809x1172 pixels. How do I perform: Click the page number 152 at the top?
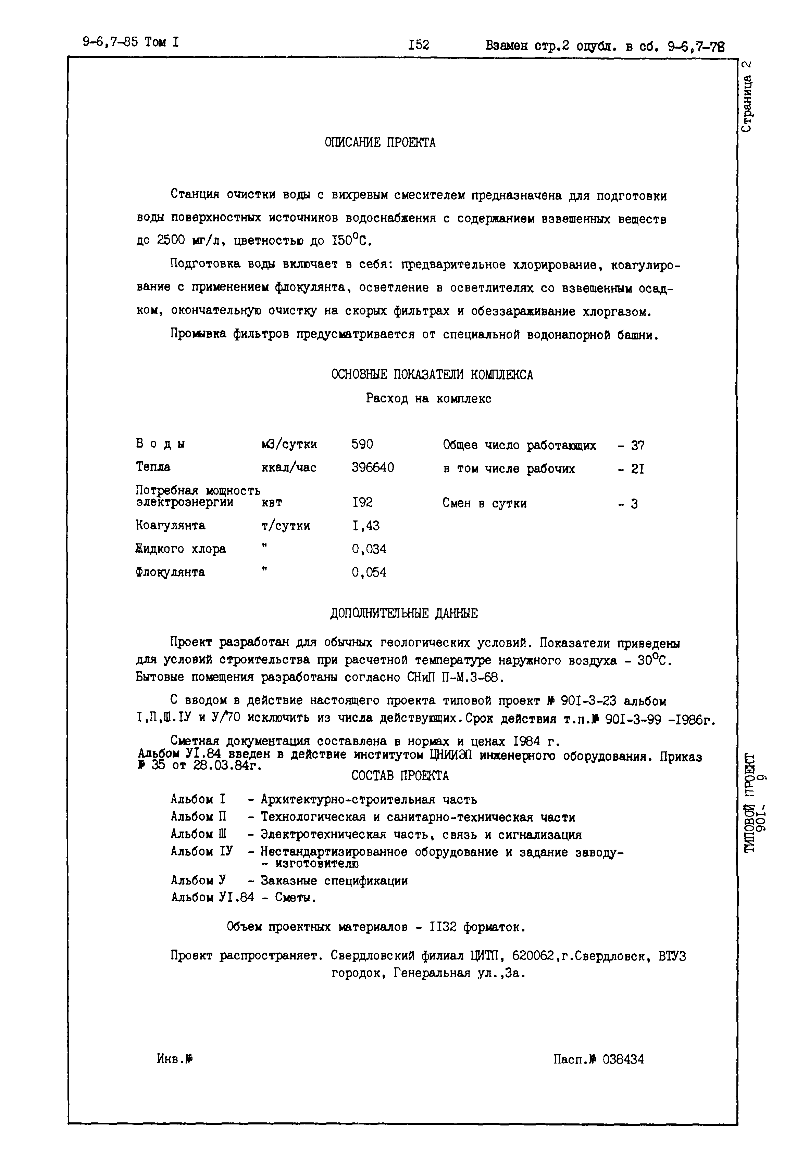[419, 45]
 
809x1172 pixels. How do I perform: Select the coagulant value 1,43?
[365, 526]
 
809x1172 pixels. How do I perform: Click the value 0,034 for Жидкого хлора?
[369, 549]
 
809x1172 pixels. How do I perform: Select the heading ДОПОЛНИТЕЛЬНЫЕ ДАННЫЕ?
[404, 614]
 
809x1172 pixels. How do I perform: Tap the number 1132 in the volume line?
[443, 927]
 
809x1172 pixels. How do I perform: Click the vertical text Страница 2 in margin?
[747, 96]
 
